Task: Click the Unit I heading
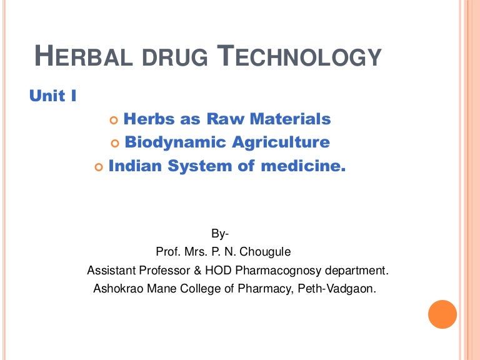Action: click(53, 96)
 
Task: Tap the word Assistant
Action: click(111, 271)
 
